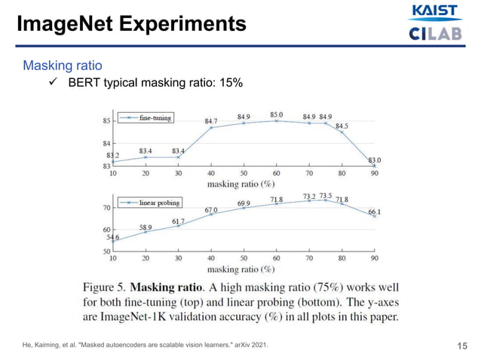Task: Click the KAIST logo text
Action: pyautogui.click(x=433, y=11)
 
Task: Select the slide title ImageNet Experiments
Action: pyautogui.click(x=133, y=24)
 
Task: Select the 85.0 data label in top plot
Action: pyautogui.click(x=277, y=114)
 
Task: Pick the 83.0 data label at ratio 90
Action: pyautogui.click(x=374, y=160)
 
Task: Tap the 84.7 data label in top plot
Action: pyautogui.click(x=211, y=121)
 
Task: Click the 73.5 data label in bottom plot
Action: pyautogui.click(x=326, y=195)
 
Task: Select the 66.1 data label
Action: pyautogui.click(x=374, y=212)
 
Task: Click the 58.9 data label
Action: pyautogui.click(x=146, y=226)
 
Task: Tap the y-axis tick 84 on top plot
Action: pyautogui.click(x=106, y=143)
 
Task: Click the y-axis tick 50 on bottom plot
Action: pyautogui.click(x=106, y=252)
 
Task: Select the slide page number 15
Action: pyautogui.click(x=462, y=346)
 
